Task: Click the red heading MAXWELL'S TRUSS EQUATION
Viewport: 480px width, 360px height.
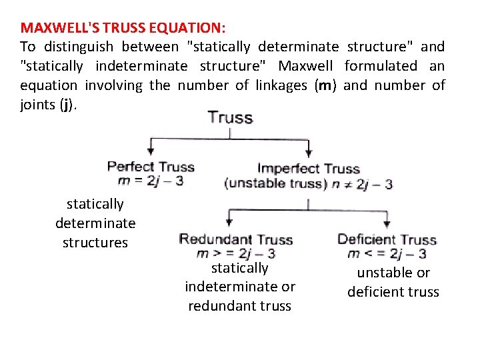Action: pos(123,28)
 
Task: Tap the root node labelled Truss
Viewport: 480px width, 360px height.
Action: pos(230,118)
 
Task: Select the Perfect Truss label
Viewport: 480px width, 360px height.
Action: pos(151,167)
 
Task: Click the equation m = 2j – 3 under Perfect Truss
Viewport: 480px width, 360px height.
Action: pos(150,180)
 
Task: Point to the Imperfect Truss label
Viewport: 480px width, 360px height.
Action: pos(309,169)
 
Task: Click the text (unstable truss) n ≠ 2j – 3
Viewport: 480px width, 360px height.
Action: pos(309,184)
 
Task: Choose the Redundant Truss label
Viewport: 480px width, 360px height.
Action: pos(236,240)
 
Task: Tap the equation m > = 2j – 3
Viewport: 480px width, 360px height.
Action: pos(236,253)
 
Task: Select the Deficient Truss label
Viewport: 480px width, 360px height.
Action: pos(387,240)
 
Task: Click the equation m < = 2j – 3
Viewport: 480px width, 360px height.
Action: pos(387,253)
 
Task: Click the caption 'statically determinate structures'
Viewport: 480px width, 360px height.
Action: pos(95,223)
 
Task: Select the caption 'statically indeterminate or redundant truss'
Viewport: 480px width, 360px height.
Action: pos(239,287)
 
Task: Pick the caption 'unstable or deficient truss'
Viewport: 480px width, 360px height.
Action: pos(393,282)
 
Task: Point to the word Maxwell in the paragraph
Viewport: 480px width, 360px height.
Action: pos(307,66)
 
